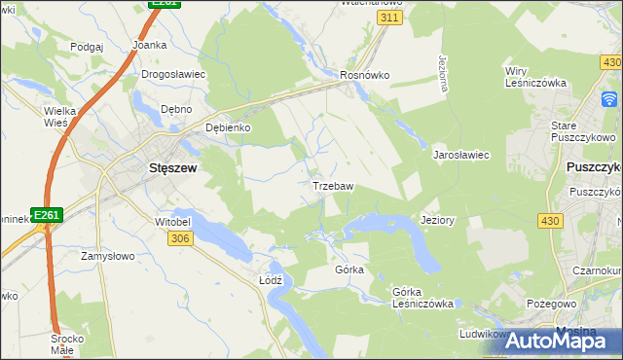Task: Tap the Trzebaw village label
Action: [332, 185]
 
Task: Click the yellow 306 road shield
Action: [178, 239]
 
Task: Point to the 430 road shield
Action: [549, 222]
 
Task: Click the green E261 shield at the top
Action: [164, 5]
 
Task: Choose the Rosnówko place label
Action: [364, 74]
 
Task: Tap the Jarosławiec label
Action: [460, 155]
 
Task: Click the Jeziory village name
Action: [437, 220]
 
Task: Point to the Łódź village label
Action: [271, 279]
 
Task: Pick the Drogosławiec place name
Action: [172, 74]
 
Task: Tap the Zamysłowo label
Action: [106, 256]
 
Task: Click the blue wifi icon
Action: [610, 99]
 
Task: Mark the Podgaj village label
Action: [87, 46]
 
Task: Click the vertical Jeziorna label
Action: [443, 73]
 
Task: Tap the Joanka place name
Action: [150, 45]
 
